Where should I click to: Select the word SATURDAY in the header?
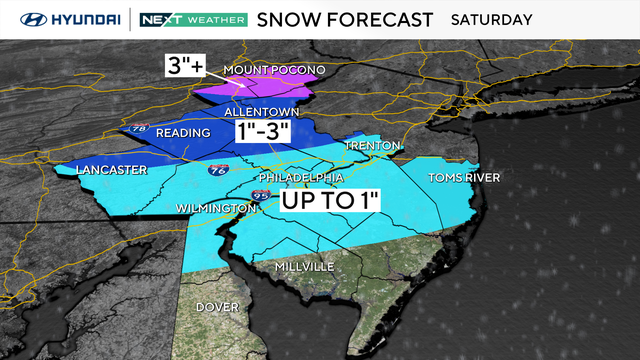pyautogui.click(x=492, y=19)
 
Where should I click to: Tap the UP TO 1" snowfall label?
pyautogui.click(x=330, y=200)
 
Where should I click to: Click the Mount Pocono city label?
pyautogui.click(x=273, y=71)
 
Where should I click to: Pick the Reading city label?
pyautogui.click(x=183, y=133)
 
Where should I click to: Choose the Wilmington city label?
pyautogui.click(x=210, y=207)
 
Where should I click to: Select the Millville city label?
pyautogui.click(x=306, y=268)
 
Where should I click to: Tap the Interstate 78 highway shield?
pyautogui.click(x=137, y=129)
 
